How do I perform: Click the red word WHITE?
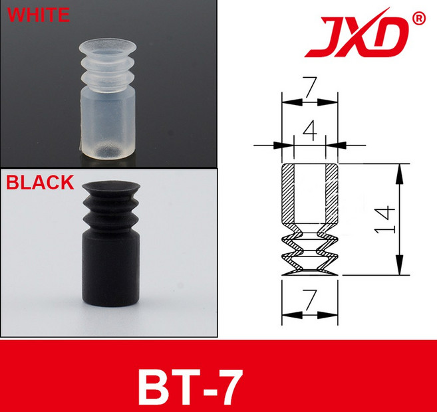[x=37, y=14]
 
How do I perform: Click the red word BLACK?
[x=39, y=181]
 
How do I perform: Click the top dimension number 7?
[x=309, y=86]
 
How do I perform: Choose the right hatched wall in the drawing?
[x=331, y=196]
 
